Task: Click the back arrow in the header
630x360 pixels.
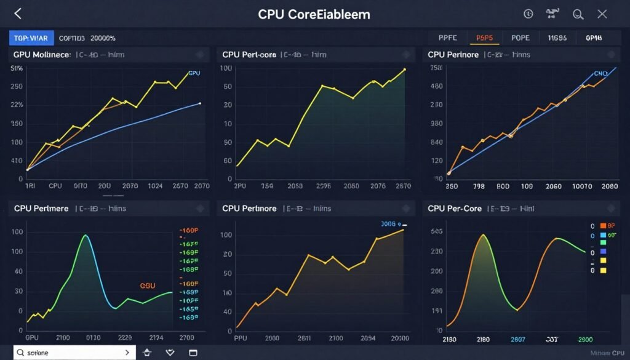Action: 17,14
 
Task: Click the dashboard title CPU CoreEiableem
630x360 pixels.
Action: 314,14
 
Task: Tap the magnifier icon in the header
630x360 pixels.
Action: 578,14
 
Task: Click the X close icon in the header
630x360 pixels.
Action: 602,14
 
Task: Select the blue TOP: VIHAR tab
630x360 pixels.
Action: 31,38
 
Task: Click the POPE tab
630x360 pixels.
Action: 520,38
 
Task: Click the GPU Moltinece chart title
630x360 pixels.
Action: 42,55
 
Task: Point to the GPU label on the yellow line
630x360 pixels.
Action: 194,73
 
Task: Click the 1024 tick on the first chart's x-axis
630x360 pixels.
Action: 155,185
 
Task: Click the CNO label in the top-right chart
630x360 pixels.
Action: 600,73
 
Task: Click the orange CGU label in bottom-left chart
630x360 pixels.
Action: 148,286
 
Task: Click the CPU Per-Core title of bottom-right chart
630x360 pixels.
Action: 455,209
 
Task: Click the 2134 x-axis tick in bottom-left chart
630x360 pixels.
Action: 156,338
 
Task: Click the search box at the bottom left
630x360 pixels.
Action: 74,353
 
